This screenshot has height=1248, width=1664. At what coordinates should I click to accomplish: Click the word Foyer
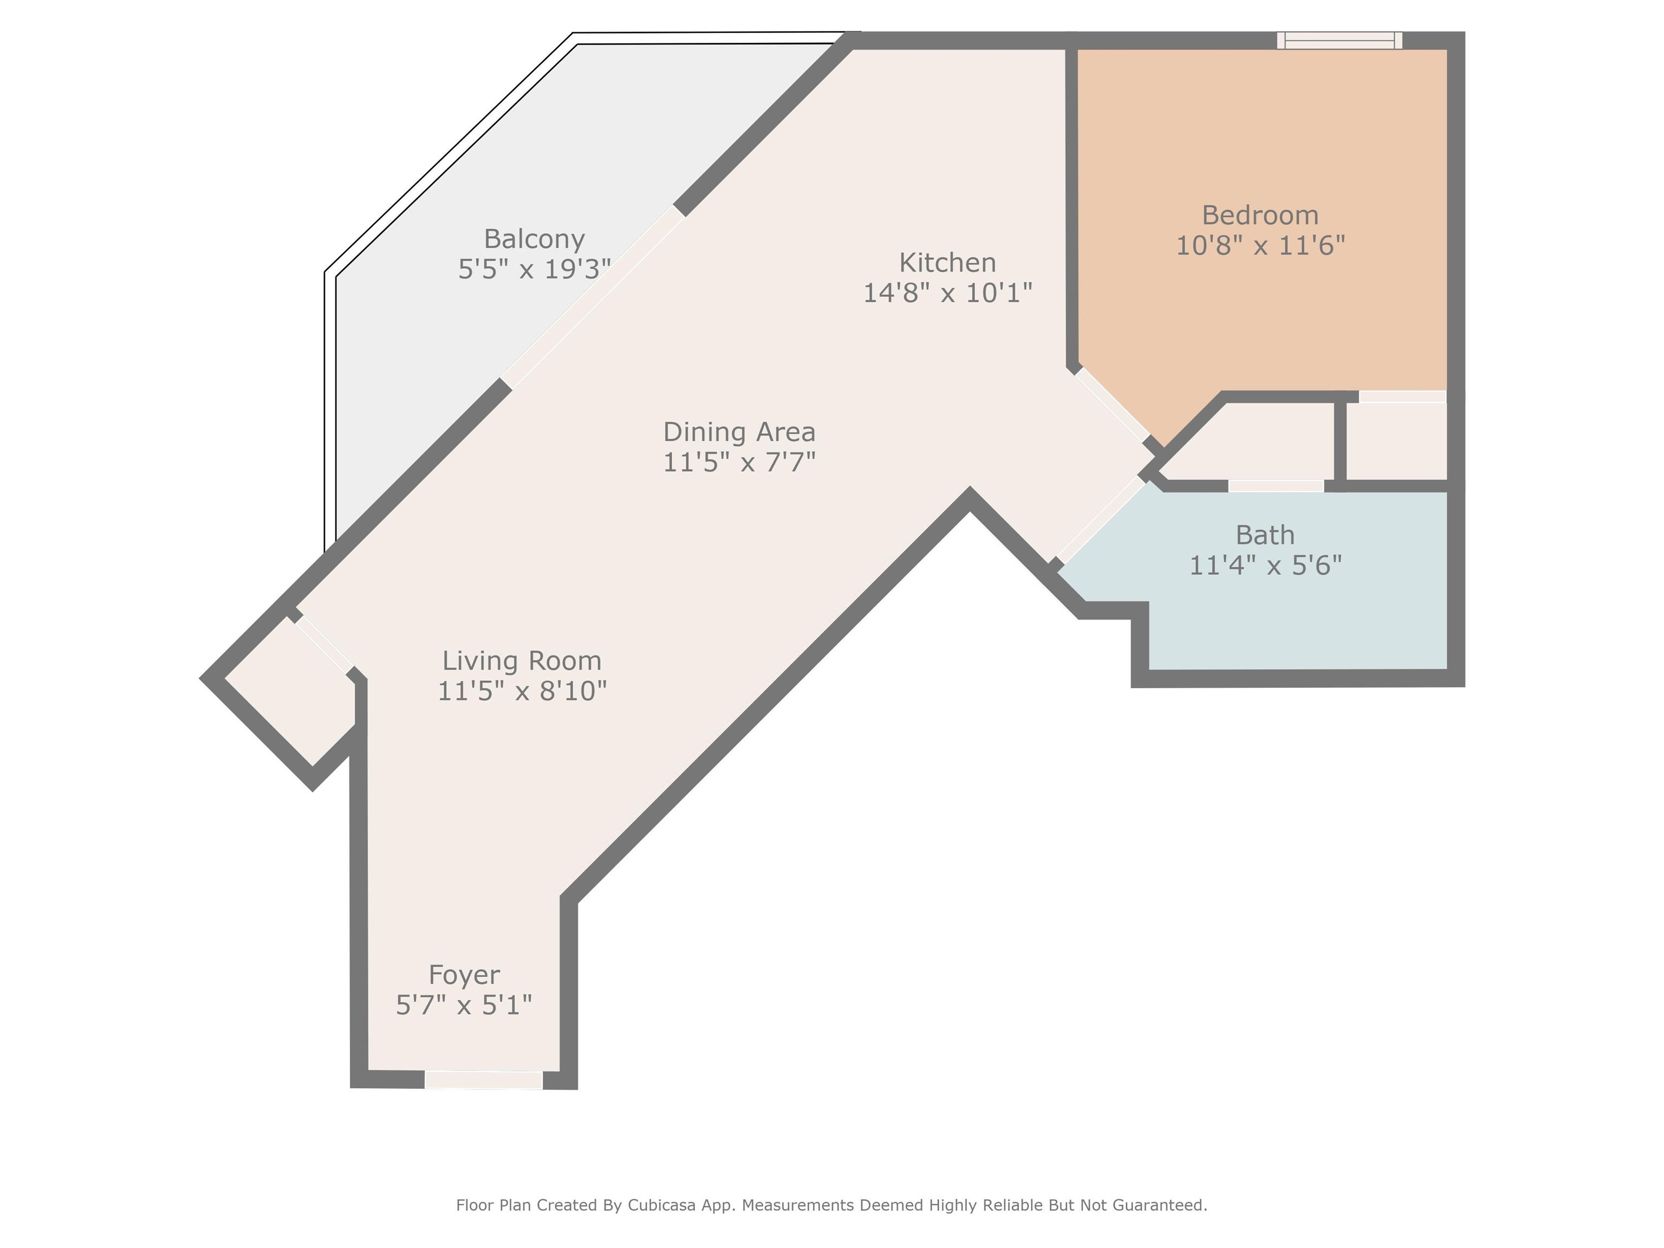click(464, 975)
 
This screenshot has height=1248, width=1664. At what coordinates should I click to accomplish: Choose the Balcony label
click(534, 239)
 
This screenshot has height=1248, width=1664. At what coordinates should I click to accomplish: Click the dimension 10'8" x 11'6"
click(1260, 245)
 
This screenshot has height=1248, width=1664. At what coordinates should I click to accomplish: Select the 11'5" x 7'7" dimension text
click(739, 462)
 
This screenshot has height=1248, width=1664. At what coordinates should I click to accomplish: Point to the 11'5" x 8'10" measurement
click(522, 691)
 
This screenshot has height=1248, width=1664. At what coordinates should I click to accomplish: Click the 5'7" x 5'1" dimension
click(464, 1005)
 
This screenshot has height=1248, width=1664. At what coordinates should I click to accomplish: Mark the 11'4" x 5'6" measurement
click(1265, 565)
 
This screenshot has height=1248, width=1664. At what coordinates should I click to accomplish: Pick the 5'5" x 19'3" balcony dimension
click(534, 269)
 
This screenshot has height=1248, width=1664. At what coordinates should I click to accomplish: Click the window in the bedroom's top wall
click(1340, 41)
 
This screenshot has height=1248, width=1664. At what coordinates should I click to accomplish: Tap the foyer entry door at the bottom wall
click(484, 1080)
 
